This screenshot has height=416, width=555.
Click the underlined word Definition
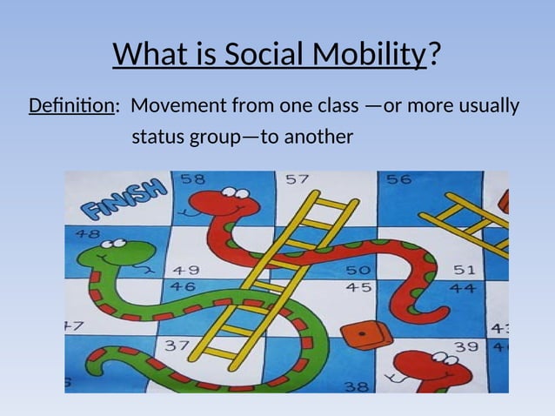71,106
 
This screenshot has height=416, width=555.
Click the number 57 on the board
297,179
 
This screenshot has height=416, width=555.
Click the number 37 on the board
177,346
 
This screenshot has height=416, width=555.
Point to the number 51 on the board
464,271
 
